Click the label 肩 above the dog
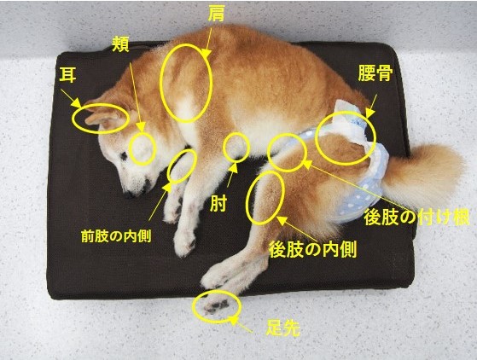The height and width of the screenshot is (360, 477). (216, 13)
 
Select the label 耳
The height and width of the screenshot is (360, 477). (67, 75)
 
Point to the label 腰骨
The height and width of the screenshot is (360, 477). (375, 73)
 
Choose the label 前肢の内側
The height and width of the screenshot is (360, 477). (116, 236)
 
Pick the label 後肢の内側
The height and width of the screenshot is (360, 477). (312, 250)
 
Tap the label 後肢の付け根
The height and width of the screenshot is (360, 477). (416, 217)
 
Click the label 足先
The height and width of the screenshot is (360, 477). (283, 328)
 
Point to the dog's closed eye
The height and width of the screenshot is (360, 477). (124, 155)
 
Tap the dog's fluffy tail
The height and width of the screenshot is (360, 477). (423, 173)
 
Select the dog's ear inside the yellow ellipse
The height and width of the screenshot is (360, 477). (102, 118)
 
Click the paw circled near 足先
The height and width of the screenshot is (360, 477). (217, 305)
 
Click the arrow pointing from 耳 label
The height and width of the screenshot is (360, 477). (71, 98)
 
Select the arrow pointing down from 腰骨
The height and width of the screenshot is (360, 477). (371, 106)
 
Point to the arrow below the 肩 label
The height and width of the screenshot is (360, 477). (207, 41)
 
